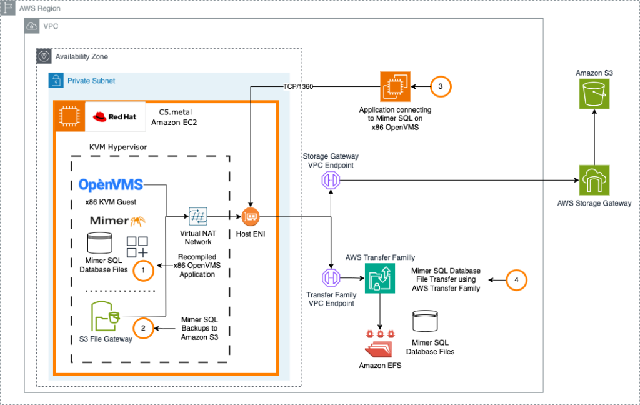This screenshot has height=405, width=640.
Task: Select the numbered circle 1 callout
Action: tap(143, 269)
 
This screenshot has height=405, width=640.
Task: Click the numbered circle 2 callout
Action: tap(143, 327)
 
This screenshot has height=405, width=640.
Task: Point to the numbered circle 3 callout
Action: tap(441, 87)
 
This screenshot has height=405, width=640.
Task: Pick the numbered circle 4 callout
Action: tap(516, 279)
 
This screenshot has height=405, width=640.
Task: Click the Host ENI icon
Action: tap(250, 217)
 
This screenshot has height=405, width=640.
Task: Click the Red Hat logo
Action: tap(115, 116)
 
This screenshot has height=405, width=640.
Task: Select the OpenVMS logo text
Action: tap(111, 184)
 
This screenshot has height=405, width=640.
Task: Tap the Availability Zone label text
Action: tap(82, 57)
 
